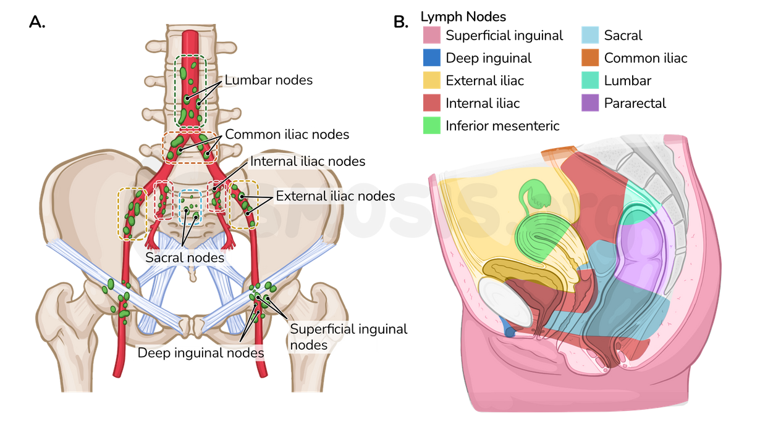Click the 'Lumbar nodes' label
(x=268, y=80)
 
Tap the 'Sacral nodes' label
(x=184, y=257)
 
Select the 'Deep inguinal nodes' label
(x=201, y=353)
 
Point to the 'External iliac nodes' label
(x=334, y=196)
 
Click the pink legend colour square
(x=432, y=35)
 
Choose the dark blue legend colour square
(x=432, y=58)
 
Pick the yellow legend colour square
(x=432, y=80)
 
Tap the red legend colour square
(x=432, y=102)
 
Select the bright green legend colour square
(x=432, y=125)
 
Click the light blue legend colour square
(x=590, y=35)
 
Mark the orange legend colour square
(x=590, y=58)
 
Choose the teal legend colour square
(x=590, y=80)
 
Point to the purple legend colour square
(x=590, y=102)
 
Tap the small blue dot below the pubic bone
(x=510, y=333)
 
